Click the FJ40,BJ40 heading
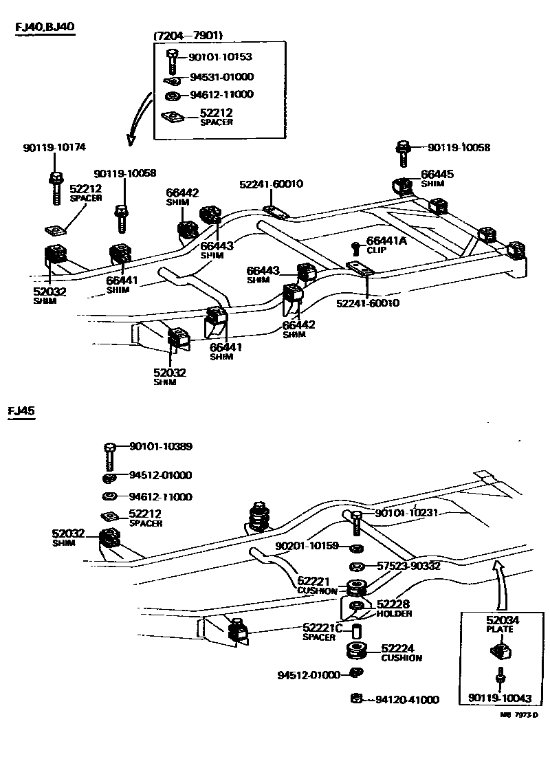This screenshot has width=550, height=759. coord(45,27)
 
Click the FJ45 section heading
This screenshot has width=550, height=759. coord(21,411)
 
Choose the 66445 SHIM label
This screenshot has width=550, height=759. coord(437,179)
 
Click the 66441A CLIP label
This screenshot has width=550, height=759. coord(386,244)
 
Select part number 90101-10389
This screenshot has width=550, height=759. coord(161,446)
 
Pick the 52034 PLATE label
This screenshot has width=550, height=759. coord(503,624)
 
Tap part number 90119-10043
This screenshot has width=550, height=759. coord(500,698)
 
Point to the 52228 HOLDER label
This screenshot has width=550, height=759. coord(394,608)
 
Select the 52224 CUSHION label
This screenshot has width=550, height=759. coord(401,652)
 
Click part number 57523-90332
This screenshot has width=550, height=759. coord(408,566)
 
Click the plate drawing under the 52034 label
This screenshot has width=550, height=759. coord(501,650)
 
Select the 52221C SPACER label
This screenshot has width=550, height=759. coord(322,631)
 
